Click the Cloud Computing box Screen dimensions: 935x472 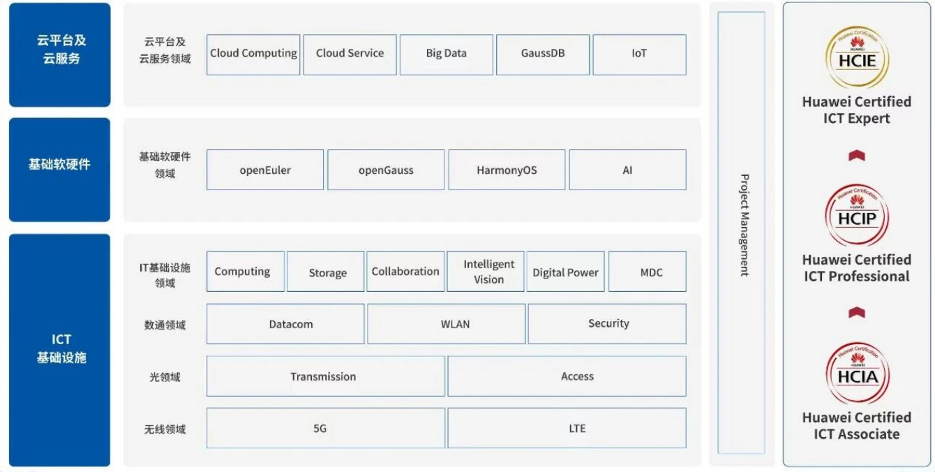click(253, 54)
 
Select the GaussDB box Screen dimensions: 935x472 click(543, 54)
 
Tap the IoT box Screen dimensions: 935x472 click(639, 54)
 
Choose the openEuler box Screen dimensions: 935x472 click(265, 170)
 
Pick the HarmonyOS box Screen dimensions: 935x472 click(507, 170)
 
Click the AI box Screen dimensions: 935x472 click(628, 170)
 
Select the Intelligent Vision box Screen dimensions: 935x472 click(486, 272)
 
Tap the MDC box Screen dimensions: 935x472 click(648, 272)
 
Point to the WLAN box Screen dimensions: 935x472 click(446, 324)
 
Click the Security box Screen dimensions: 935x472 click(607, 324)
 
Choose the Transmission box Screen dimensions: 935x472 click(326, 376)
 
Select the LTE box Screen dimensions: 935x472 click(567, 428)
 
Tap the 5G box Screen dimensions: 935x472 click(326, 428)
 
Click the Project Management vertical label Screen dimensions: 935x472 click(745, 225)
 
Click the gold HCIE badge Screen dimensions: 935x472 click(857, 57)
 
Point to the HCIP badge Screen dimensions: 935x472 click(857, 215)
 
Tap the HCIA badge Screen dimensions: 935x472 click(858, 373)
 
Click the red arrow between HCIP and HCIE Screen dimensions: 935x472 click(857, 156)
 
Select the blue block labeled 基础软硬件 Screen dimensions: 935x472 click(60, 170)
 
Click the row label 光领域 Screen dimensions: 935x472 click(165, 377)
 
